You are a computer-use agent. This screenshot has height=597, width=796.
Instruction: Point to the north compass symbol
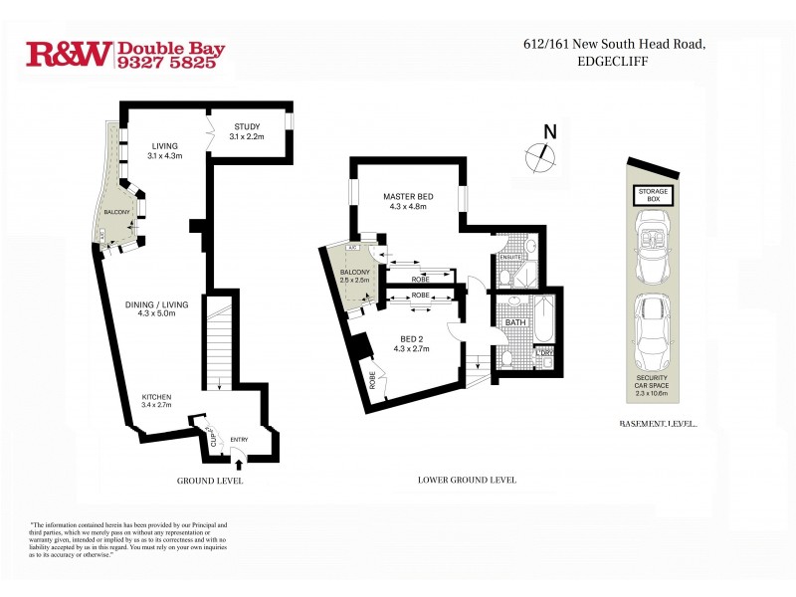[540, 151]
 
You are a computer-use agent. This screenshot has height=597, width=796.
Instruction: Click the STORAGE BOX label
[653, 195]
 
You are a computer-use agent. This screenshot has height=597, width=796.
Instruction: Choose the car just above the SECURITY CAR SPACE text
[653, 328]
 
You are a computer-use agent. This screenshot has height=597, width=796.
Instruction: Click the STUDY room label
[247, 126]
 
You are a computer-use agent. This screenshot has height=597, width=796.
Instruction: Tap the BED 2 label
[410, 338]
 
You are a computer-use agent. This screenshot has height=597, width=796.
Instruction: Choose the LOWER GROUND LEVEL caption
[466, 480]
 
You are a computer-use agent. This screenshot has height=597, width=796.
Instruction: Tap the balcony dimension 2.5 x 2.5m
[355, 281]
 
